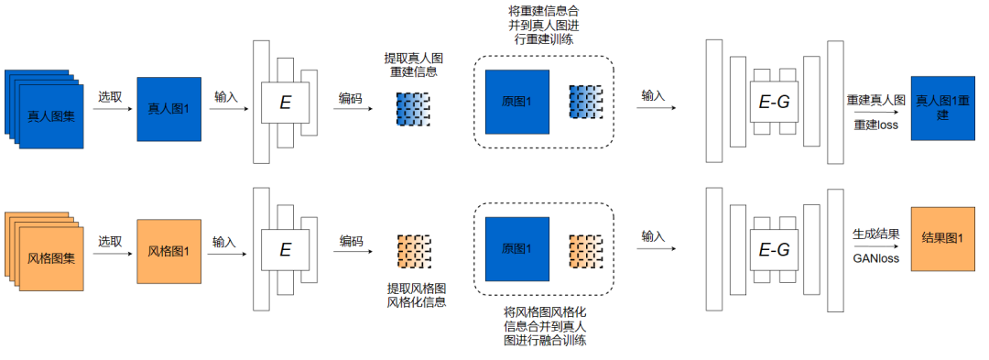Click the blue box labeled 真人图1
click(168, 109)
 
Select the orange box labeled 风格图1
click(168, 251)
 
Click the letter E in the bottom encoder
click(285, 248)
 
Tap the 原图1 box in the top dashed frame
click(517, 102)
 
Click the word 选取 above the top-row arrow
click(111, 96)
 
